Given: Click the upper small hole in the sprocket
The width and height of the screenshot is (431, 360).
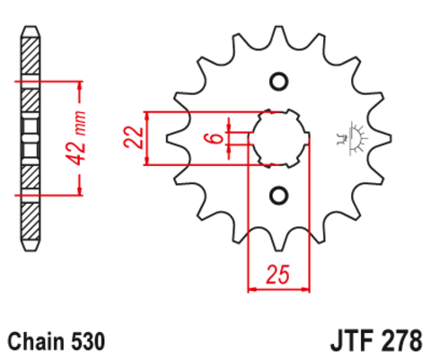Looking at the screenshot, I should pyautogui.click(x=277, y=83).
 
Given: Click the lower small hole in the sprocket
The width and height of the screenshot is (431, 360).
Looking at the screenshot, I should pyautogui.click(x=277, y=194).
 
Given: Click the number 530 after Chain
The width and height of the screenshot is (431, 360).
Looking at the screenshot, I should pyautogui.click(x=88, y=342).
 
